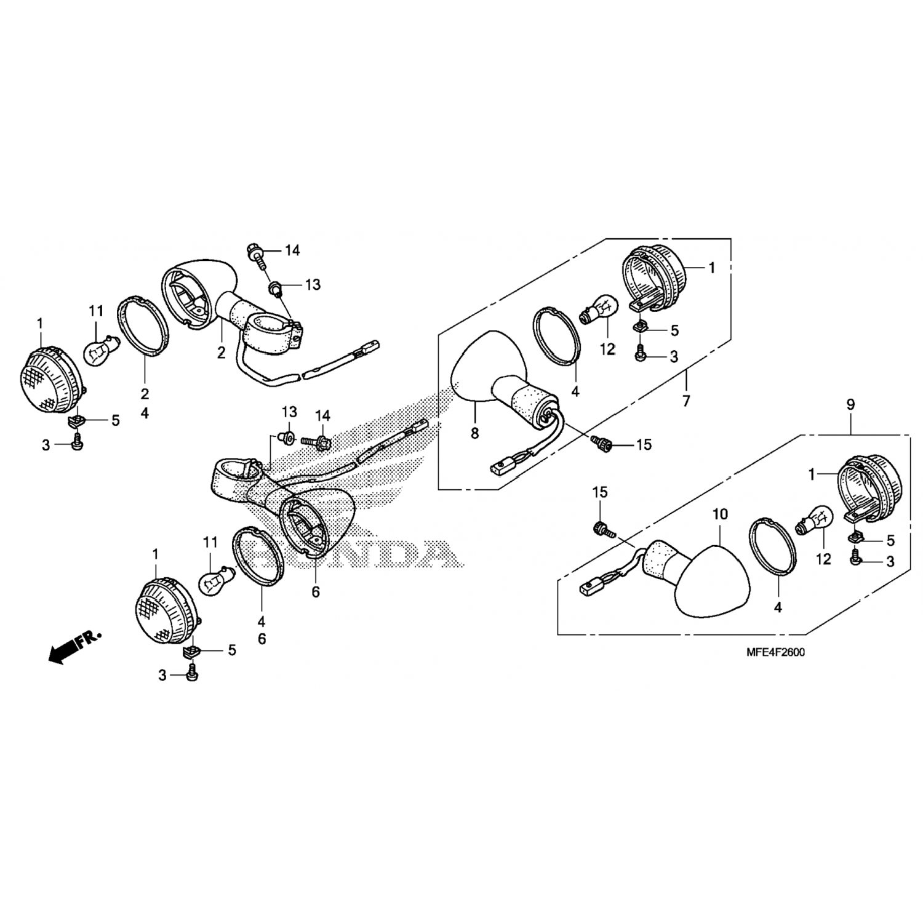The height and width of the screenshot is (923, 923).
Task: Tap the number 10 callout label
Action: coord(720,513)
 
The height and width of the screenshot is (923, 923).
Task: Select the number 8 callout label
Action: coord(474,433)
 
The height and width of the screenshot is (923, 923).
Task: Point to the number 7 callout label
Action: coord(686,401)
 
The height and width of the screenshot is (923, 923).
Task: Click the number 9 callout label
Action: coord(850,405)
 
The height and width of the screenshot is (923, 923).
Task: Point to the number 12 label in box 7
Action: coord(607,350)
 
